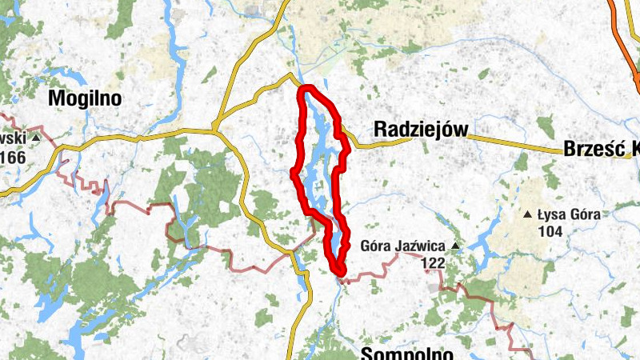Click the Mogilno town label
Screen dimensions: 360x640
(85, 98)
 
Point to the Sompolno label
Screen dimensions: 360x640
(408, 353)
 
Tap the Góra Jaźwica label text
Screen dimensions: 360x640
(404, 246)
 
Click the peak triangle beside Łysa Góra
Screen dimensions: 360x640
(527, 214)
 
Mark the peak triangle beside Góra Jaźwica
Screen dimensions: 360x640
(455, 246)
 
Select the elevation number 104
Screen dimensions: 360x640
(550, 231)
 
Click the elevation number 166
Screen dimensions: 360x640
(14, 157)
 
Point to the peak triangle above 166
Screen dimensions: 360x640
(36, 138)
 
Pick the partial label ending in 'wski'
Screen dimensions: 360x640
(12, 138)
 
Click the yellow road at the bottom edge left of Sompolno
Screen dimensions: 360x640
(293, 352)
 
